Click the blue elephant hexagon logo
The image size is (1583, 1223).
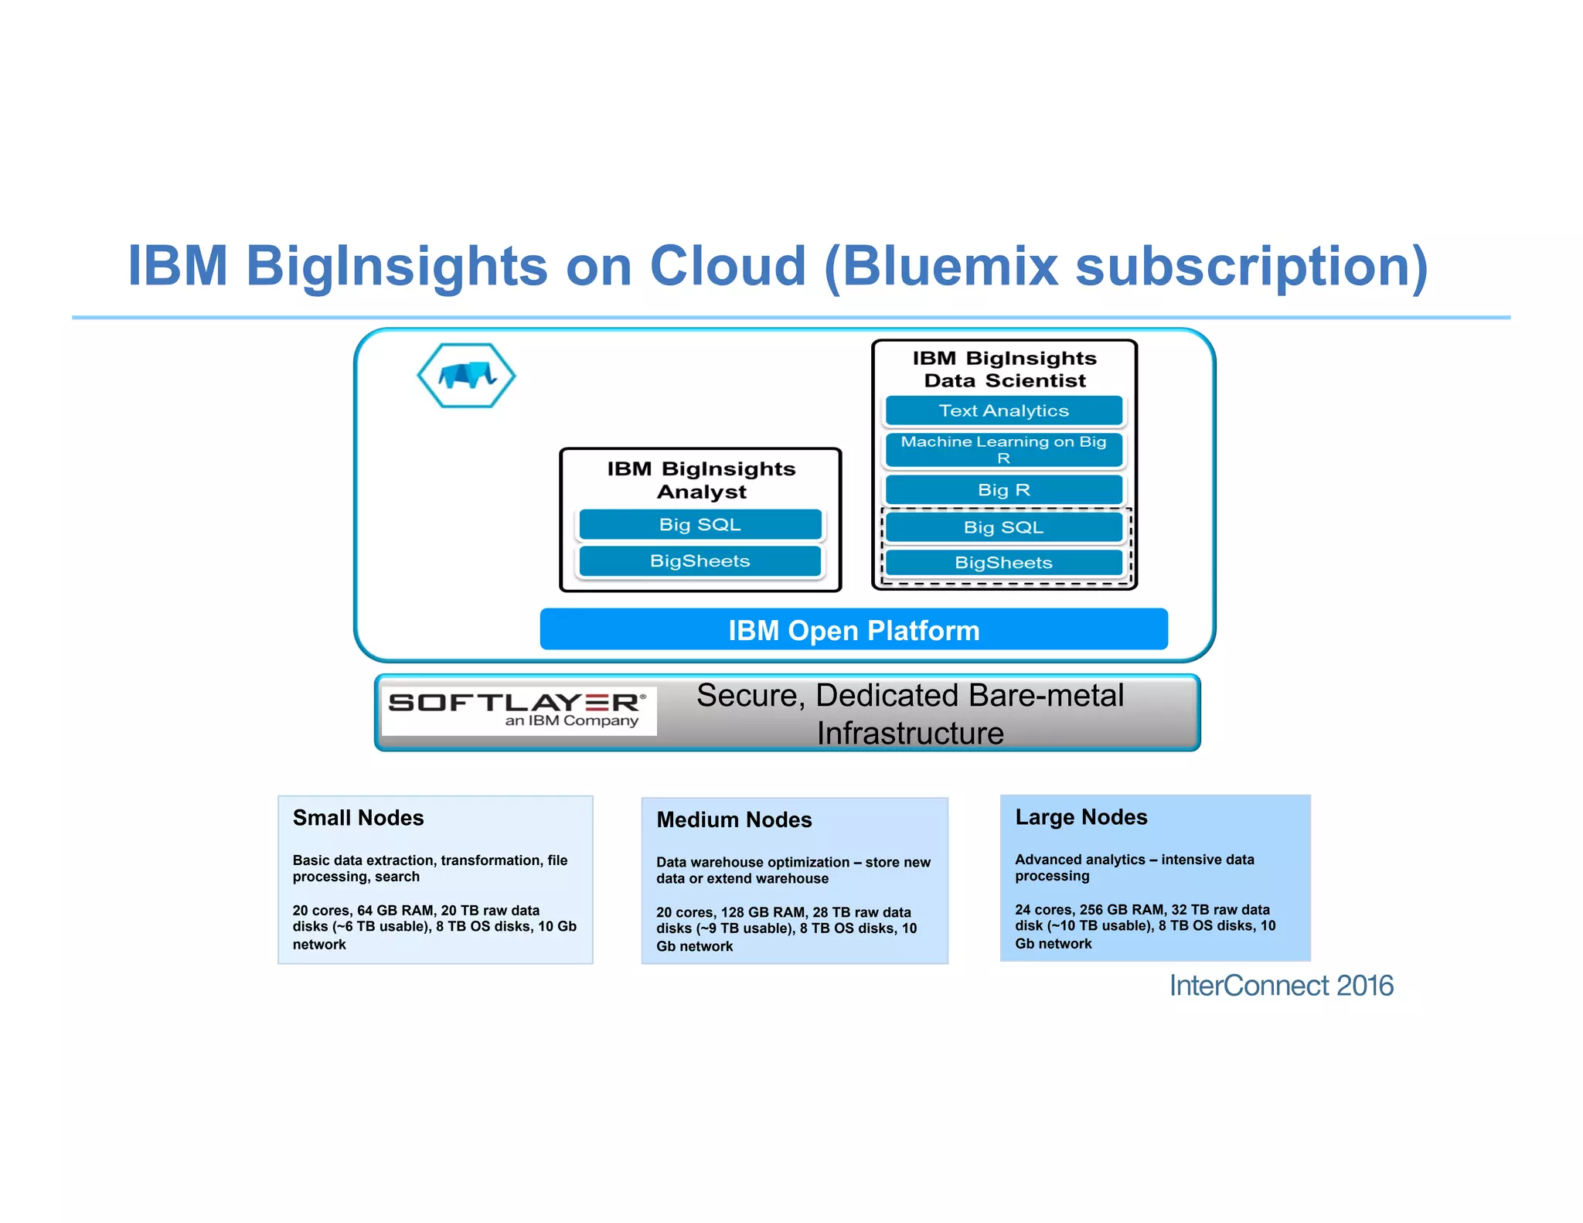click(466, 376)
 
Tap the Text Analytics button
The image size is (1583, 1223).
click(1003, 411)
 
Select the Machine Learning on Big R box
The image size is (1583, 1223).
click(1003, 450)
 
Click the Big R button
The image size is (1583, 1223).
click(1003, 490)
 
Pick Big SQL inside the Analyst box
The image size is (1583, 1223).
click(700, 525)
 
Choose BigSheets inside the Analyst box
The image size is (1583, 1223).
click(700, 561)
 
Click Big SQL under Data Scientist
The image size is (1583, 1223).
click(1003, 527)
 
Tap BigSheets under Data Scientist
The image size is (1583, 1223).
click(1003, 563)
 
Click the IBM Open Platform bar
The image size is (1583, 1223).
click(853, 630)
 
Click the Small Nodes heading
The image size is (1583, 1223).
click(358, 818)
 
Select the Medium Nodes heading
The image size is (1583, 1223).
click(734, 819)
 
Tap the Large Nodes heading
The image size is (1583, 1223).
click(1081, 817)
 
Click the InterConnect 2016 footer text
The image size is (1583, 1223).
click(1281, 986)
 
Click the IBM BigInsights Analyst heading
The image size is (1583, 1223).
click(701, 480)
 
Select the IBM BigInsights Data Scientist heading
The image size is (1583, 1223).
click(1004, 370)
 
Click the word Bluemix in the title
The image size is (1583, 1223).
click(949, 266)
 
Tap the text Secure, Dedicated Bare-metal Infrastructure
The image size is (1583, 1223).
click(910, 714)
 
